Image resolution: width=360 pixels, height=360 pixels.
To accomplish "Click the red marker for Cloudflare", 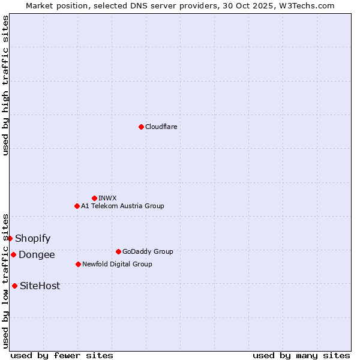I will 141,127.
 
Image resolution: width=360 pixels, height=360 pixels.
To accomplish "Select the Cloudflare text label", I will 161,127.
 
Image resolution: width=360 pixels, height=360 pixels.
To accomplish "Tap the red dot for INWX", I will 94,198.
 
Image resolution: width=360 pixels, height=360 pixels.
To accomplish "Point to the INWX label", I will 107,198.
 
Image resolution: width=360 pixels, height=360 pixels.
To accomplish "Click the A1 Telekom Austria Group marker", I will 77,206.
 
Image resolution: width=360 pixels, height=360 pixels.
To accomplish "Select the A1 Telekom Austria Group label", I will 122,206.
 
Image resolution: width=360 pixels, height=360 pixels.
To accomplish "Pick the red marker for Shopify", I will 10,238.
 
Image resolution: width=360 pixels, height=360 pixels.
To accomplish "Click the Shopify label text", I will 32,239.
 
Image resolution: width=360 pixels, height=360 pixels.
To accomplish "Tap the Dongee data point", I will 13,254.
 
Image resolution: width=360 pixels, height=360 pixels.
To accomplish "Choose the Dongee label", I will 37,255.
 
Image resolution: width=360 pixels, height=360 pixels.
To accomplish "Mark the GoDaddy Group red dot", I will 118,251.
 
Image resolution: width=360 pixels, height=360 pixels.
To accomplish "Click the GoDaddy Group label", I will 147,251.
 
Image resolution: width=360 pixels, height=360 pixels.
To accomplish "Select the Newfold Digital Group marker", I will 78,264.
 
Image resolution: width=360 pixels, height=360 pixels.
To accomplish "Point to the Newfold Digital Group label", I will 117,264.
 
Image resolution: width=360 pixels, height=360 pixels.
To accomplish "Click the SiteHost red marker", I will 14,286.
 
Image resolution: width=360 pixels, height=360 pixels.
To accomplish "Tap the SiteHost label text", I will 40,286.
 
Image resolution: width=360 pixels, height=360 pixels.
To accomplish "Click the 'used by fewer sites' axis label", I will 62,355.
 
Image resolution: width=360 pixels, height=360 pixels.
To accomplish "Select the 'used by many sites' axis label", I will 301,355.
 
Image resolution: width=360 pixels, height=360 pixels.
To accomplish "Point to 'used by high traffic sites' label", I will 5,85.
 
